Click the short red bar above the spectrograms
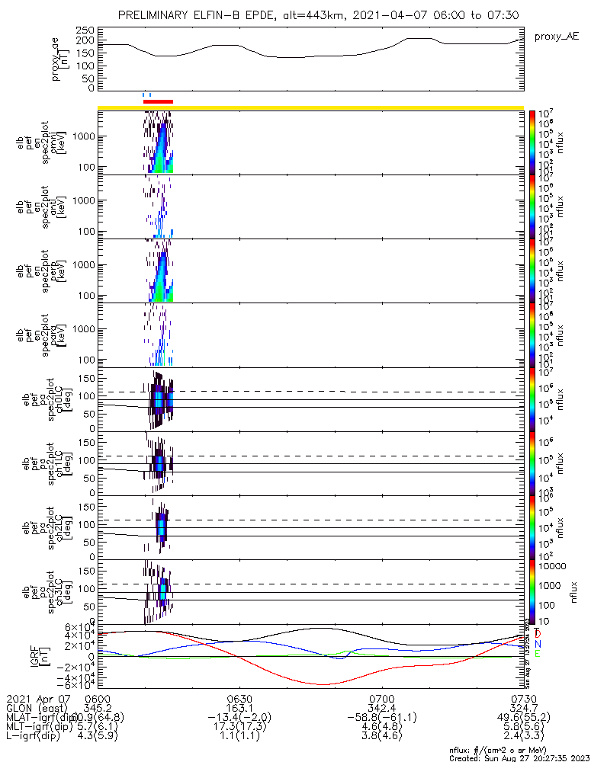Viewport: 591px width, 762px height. point(158,101)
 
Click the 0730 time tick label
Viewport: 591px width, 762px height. point(523,698)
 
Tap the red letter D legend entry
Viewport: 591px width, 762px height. point(538,634)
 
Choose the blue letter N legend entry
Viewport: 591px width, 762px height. point(538,644)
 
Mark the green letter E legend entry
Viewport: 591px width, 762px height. point(538,654)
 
